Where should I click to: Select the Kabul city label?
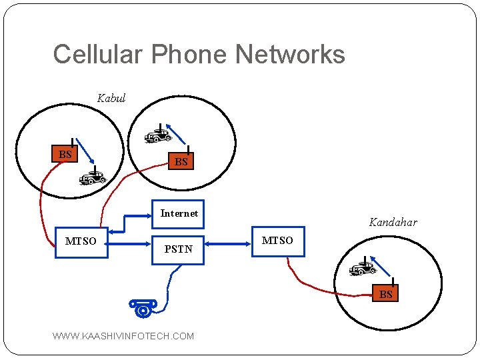coord(111,98)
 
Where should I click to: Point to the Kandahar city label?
coord(393,222)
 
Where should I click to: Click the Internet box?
coord(179,214)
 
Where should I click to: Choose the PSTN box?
coord(178,249)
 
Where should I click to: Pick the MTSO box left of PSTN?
coord(81,241)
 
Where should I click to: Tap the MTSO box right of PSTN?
coord(277,241)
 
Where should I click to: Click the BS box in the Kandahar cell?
coord(386,293)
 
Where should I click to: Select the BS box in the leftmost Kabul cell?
coord(65,154)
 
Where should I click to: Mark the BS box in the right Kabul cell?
coord(181,161)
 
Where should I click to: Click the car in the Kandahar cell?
coord(362,269)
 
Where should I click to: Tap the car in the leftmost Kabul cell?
coord(93,177)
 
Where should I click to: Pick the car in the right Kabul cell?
coord(158,136)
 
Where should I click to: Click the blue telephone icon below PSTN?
coord(143,307)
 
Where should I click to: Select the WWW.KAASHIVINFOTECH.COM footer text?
coord(123,336)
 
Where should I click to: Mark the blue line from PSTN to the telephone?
coord(169,287)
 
